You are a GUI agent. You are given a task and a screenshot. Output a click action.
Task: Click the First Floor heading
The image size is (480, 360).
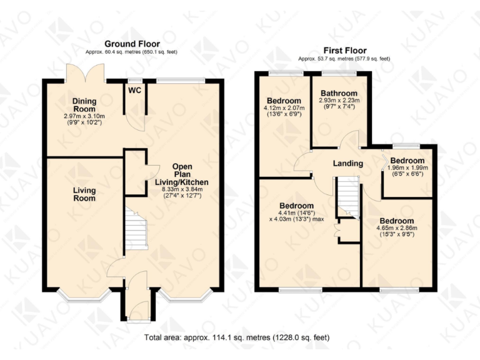pyautogui.click(x=344, y=51)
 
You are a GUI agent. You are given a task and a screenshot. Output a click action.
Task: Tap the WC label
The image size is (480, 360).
pyautogui.click(x=134, y=90)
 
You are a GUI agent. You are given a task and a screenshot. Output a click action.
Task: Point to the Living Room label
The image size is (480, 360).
pyautogui.click(x=84, y=194)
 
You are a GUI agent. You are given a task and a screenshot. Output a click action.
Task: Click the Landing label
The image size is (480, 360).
pyautogui.click(x=348, y=164)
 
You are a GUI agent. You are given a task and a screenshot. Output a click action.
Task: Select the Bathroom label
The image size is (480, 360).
pyautogui.click(x=339, y=93)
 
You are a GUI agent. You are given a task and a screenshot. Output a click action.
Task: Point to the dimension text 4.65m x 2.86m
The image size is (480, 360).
pyautogui.click(x=396, y=229)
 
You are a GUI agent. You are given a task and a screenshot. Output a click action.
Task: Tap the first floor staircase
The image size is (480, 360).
pyautogui.click(x=348, y=196)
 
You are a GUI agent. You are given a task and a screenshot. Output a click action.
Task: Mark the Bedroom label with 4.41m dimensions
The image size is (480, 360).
pyautogui.click(x=296, y=206)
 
